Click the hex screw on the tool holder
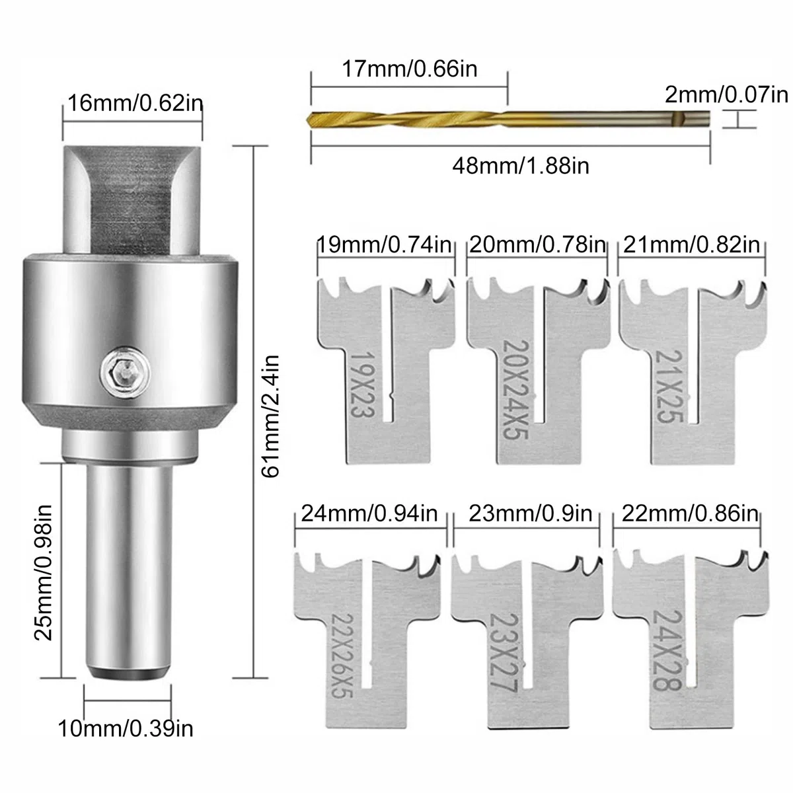coord(125,373)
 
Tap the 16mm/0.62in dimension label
coord(135,103)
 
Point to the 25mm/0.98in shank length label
coord(43,572)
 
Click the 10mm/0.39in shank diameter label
coord(126,729)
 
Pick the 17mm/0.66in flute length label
coord(410,69)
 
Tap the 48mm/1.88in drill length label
coord(521,167)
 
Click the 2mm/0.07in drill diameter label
coord(726,95)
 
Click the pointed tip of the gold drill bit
coord(308,120)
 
